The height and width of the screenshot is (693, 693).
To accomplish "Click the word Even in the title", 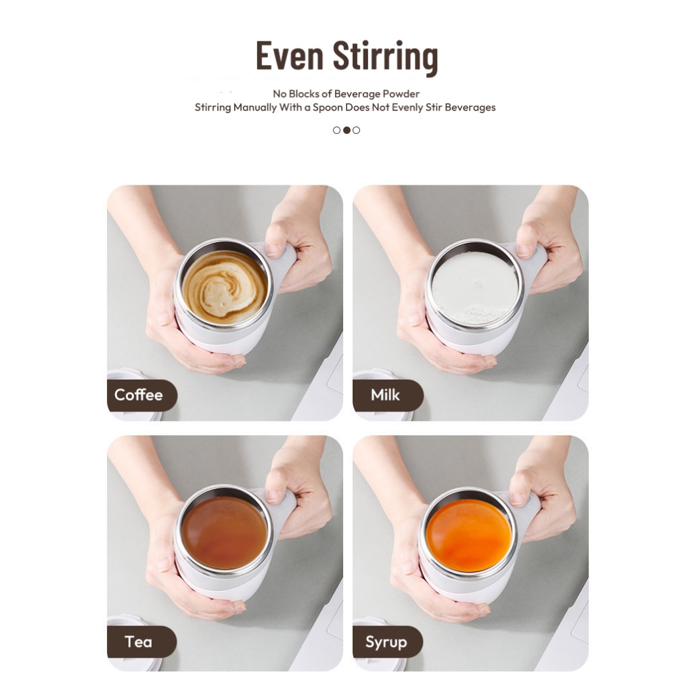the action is [x=290, y=55].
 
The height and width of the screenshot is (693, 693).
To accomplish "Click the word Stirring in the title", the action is [x=385, y=58].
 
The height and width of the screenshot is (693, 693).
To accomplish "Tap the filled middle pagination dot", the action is [x=346, y=130].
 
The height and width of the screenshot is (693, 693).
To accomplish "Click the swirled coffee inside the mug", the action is [x=225, y=287].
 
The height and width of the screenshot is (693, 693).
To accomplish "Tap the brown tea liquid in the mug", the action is [x=224, y=533].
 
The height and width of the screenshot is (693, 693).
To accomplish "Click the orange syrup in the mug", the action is [x=469, y=535].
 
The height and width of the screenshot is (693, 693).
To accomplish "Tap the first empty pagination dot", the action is [x=337, y=130].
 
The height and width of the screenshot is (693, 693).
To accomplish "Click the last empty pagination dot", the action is [x=356, y=130].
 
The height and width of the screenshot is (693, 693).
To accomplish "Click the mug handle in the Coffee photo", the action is [x=282, y=263].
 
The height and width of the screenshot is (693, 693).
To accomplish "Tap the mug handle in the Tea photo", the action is [x=283, y=508].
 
